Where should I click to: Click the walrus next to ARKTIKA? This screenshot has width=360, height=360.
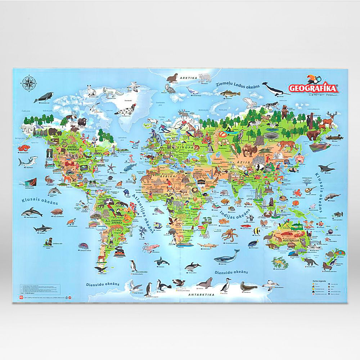173,77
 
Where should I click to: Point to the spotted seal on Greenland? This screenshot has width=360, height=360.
126,109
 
